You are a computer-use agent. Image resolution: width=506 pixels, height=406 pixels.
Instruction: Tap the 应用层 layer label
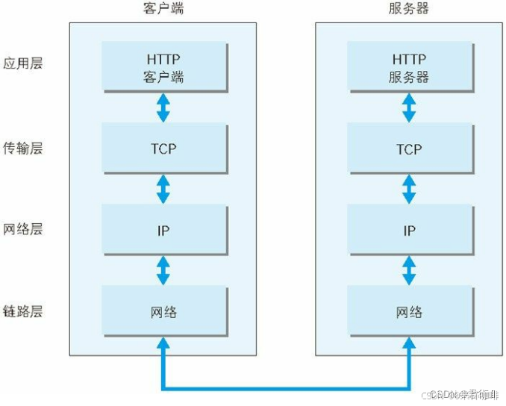23,63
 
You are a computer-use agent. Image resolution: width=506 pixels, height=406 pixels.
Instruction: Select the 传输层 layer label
23,148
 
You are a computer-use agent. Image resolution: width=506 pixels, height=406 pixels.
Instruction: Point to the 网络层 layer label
23,229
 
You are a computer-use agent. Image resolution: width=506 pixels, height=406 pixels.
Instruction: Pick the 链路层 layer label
23,310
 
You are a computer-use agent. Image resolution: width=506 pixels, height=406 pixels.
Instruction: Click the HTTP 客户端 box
163,68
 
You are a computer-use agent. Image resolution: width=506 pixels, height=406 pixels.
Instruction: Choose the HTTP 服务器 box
408,68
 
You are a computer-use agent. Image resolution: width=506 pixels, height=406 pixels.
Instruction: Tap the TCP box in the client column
163,149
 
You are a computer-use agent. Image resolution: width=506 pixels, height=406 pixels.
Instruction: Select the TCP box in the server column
408,149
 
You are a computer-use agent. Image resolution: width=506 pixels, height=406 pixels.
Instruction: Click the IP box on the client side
163,231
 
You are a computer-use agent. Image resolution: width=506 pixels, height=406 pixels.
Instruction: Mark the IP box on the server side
408,231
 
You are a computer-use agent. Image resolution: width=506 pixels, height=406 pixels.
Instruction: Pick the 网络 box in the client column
163,311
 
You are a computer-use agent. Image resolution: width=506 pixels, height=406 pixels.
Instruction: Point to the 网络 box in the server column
408,311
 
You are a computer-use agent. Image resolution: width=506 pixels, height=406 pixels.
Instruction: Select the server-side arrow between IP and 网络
408,270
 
